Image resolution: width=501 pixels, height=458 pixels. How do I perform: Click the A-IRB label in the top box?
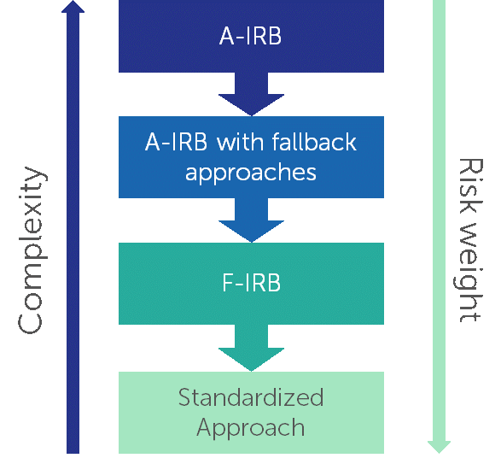[x=250, y=36]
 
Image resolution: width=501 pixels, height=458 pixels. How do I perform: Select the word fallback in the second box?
[x=314, y=142]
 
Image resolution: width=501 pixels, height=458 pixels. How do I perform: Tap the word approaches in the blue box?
[x=251, y=173]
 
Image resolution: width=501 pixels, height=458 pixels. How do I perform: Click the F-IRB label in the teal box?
[x=251, y=283]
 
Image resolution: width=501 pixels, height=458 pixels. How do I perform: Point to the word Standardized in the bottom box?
[x=251, y=397]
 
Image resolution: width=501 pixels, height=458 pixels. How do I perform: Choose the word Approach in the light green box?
[x=251, y=428]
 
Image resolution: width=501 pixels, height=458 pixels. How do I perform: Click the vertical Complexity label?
[x=31, y=250]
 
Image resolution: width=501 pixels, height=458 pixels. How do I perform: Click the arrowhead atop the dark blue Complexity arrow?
[x=73, y=6]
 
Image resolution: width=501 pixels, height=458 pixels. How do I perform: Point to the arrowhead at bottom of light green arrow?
[x=439, y=447]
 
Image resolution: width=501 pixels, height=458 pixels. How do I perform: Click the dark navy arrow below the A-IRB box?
[x=251, y=94]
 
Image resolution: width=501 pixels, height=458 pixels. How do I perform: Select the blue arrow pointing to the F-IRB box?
[x=251, y=220]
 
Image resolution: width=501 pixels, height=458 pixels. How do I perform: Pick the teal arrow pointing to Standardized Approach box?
[x=251, y=348]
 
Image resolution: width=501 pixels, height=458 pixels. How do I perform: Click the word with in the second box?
[x=241, y=142]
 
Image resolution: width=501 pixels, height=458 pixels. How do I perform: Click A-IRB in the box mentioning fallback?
[x=176, y=142]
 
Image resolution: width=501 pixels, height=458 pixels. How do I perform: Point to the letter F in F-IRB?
[x=228, y=283]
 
